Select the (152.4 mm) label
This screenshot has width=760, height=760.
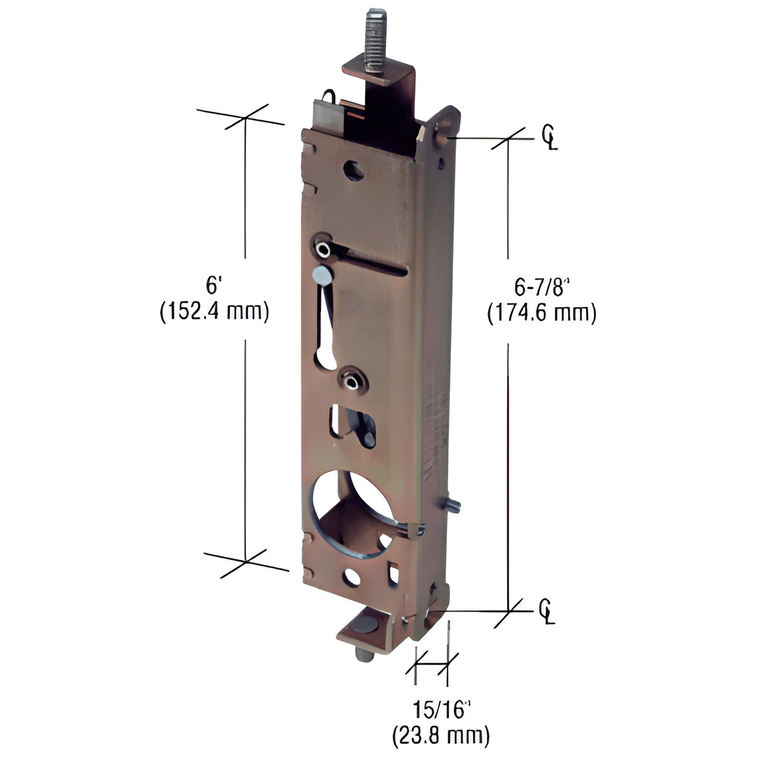point(214,312)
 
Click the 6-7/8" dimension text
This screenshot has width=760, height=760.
point(542,288)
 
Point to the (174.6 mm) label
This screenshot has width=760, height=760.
point(542,314)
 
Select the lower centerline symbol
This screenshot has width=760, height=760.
point(547,612)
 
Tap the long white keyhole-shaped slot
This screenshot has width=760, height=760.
point(327,337)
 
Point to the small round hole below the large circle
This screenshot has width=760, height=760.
point(351,577)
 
